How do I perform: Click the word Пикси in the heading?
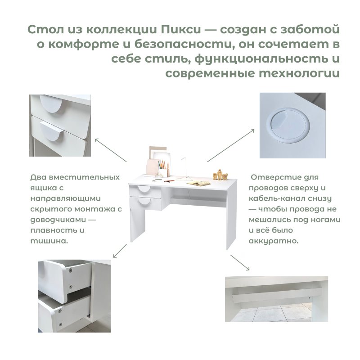point(181,30)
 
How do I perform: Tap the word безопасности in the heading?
point(183,45)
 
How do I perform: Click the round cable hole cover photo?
point(292,126)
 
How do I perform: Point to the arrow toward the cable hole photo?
point(231,145)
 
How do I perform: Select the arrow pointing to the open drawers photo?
point(120,251)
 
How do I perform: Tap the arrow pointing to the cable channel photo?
point(240,263)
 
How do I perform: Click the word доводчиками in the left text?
point(58,220)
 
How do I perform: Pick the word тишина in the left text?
point(49,241)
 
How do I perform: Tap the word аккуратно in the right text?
point(274,241)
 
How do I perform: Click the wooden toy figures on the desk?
point(220,175)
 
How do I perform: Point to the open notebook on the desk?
point(198,183)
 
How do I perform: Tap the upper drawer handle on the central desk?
point(144,189)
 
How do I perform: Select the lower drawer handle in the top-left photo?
point(52,131)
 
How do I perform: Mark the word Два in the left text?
point(39,177)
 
